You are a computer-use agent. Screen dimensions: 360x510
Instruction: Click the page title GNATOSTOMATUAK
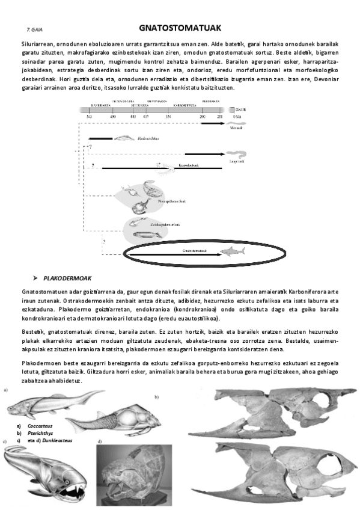pos(180,27)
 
